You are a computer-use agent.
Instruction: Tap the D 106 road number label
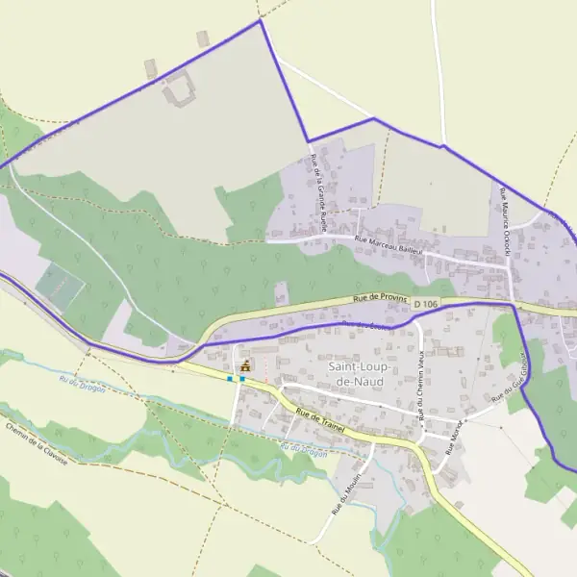tap(426, 304)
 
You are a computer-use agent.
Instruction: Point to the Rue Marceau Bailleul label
tap(389, 244)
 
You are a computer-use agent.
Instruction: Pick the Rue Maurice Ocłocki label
tap(504, 216)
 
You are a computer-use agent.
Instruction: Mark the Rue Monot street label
tap(454, 429)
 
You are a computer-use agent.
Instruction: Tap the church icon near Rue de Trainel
tap(245, 365)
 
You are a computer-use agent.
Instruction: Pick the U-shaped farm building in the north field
tap(180, 90)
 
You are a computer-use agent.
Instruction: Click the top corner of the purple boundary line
tap(261, 21)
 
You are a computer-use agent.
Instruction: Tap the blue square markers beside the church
tap(235, 379)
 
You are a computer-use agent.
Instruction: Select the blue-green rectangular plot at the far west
tap(60, 287)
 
